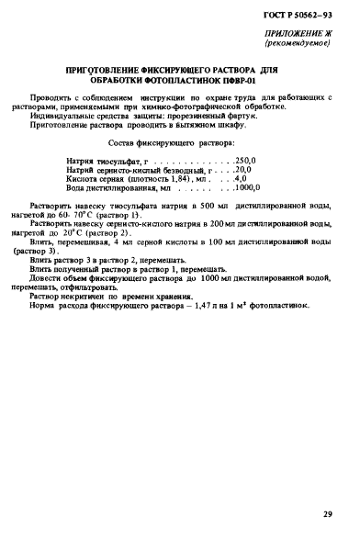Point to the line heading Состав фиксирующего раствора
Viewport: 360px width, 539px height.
click(171, 143)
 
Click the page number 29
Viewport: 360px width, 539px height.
click(328, 515)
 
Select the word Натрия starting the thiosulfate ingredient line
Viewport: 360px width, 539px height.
click(82, 161)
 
